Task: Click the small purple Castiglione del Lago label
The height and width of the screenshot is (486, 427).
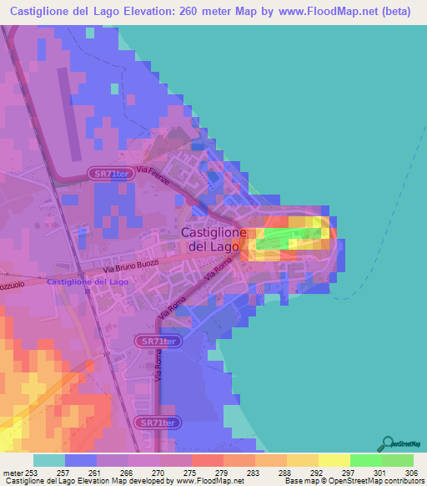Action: pos(88,282)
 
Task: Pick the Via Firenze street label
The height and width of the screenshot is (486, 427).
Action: pos(155,177)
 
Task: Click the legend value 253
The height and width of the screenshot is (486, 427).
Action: pos(33,473)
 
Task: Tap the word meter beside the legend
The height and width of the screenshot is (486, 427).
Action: pos(13,473)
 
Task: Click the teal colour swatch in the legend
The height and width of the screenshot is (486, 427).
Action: pos(49,460)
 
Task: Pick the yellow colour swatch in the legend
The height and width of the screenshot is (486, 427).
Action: pos(334,460)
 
